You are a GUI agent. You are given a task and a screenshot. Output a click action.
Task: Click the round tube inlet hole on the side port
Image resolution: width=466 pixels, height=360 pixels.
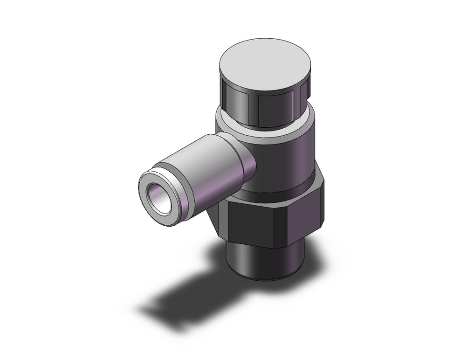click(x=158, y=198)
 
